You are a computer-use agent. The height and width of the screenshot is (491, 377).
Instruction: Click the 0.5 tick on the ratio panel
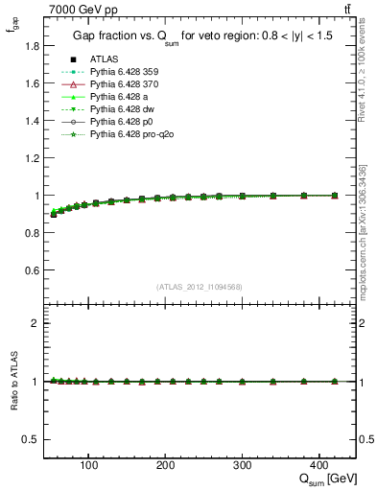[x=32, y=439]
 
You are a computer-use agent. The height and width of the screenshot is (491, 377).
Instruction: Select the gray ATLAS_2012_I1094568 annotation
[x=200, y=287]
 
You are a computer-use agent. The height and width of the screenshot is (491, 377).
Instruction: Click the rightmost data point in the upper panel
[x=334, y=196]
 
